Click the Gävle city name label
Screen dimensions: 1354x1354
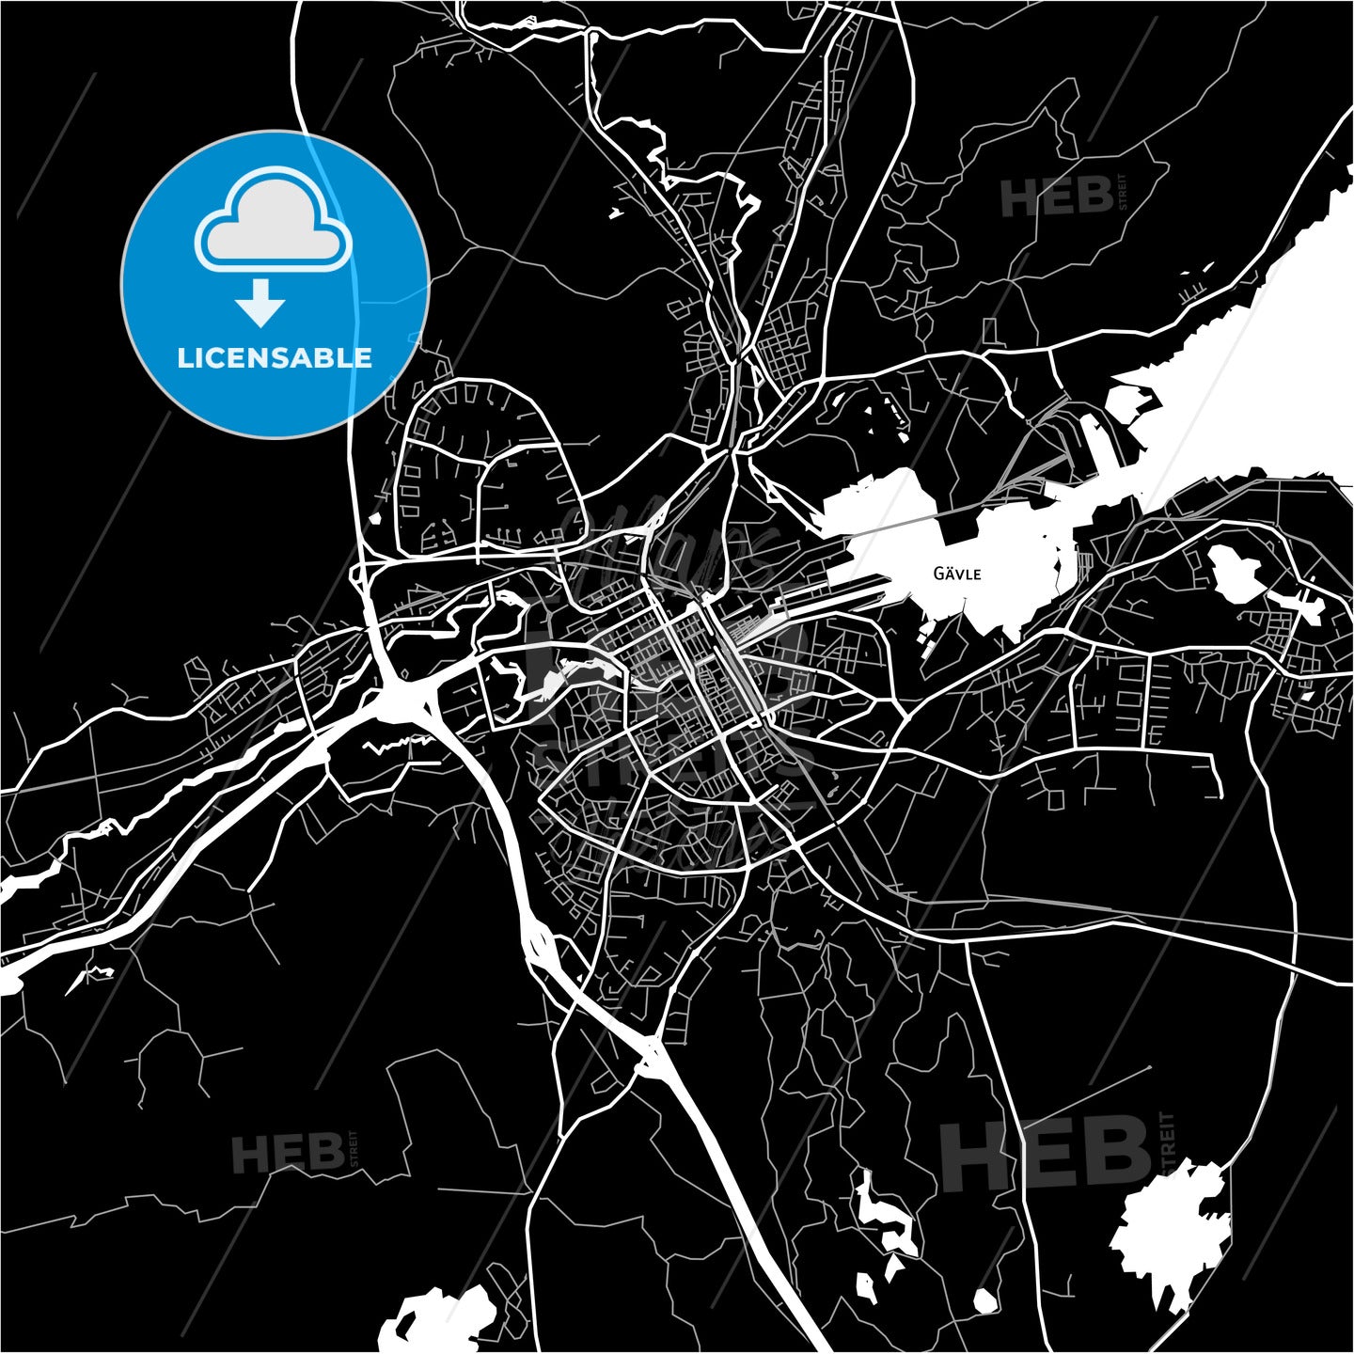(x=957, y=574)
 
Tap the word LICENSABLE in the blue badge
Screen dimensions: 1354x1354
(x=275, y=358)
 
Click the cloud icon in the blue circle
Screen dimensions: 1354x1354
(x=274, y=222)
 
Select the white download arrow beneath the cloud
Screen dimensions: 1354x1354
(x=260, y=303)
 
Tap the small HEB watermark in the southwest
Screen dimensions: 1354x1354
(x=288, y=1153)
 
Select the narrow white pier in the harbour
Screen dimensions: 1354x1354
(x=1096, y=442)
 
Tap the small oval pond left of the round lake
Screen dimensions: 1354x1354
(x=984, y=1301)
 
